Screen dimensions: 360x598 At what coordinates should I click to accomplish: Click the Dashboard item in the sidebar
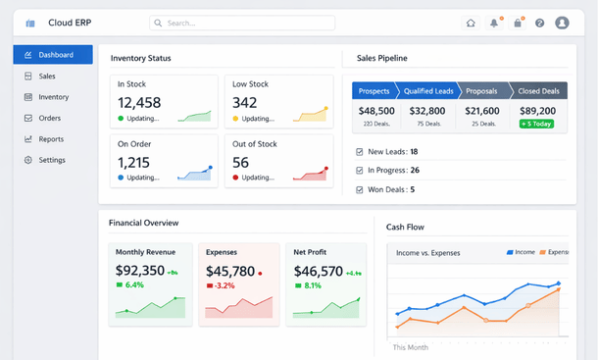pos(53,55)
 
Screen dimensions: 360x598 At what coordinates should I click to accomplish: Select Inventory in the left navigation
pos(53,97)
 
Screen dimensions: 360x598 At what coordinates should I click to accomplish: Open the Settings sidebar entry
pos(52,160)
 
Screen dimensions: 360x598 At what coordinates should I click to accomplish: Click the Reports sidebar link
pos(51,139)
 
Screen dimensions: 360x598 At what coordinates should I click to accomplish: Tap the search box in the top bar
pos(242,23)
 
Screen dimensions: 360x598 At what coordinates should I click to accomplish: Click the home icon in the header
pos(471,23)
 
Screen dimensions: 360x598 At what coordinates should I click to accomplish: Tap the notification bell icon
pos(494,23)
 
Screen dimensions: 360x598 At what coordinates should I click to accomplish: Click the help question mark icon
pos(539,23)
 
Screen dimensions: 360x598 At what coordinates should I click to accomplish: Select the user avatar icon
pos(562,23)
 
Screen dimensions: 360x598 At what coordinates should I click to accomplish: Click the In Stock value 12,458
pos(139,103)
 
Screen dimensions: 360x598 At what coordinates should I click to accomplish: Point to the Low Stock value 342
pos(245,103)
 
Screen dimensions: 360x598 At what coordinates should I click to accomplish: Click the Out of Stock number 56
pos(241,163)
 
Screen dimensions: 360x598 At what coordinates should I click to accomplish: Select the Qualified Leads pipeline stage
pos(426,90)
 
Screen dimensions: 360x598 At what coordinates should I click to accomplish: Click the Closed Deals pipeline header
pos(539,90)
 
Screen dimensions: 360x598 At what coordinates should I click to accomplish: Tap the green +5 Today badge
pos(536,125)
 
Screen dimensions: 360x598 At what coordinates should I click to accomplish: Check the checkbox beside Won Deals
pos(360,189)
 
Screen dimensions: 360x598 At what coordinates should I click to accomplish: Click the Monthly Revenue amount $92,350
pos(140,272)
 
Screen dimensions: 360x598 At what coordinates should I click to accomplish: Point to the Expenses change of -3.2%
pos(224,285)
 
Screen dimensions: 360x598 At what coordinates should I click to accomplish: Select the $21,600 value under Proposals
pos(481,112)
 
